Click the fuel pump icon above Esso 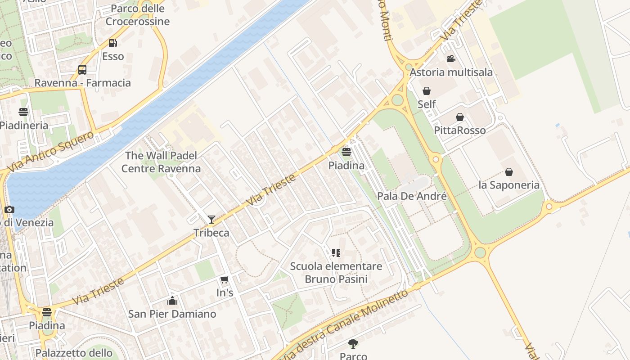(112, 43)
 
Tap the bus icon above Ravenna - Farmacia (82, 70)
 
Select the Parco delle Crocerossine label (137, 15)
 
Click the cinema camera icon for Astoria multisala (451, 59)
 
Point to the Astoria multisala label (451, 72)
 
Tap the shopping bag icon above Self (426, 91)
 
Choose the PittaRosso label (459, 130)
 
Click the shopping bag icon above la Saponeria (508, 172)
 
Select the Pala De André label (412, 196)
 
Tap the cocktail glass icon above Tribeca (211, 220)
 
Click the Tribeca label (211, 233)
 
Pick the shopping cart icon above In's (225, 279)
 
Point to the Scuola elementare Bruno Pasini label (336, 272)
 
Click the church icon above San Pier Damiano (172, 301)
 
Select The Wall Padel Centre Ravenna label (161, 162)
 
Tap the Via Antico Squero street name (50, 152)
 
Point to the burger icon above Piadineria (23, 112)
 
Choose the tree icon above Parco (353, 344)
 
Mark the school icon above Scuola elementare (336, 253)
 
